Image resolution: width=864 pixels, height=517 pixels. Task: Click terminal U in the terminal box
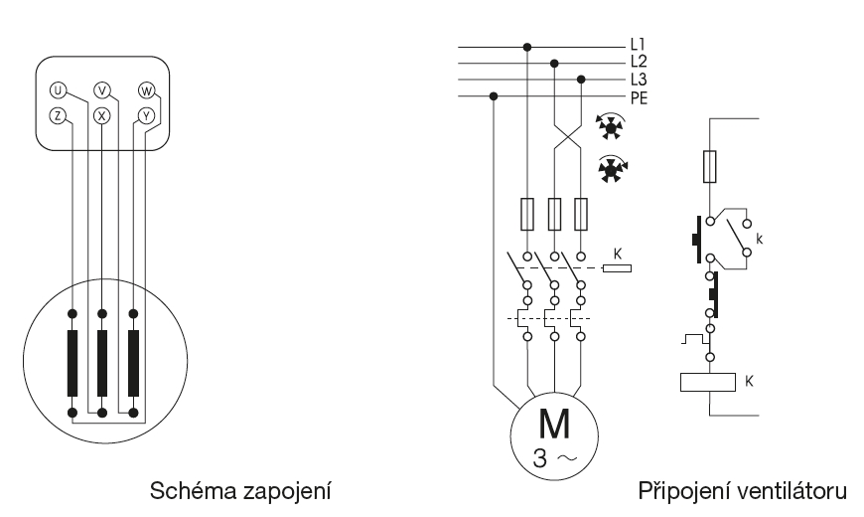coord(58,90)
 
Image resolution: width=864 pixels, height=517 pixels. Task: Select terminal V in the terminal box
coord(101,90)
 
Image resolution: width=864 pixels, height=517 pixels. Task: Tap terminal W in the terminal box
coord(146,90)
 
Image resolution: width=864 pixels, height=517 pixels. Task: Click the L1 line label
coord(638,46)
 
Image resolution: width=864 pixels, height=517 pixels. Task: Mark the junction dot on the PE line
coord(495,96)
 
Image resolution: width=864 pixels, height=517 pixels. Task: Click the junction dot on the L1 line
coord(526,46)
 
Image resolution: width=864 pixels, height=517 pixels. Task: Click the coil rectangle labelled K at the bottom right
coord(707,380)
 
